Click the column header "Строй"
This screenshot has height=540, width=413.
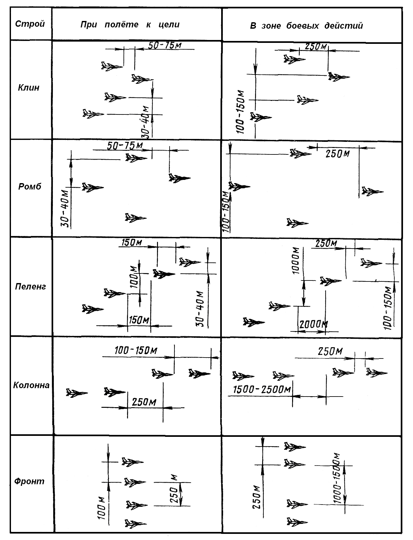pyautogui.click(x=30, y=24)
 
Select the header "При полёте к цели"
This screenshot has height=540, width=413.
pyautogui.click(x=130, y=25)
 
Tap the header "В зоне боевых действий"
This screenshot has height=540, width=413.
pyautogui.click(x=306, y=25)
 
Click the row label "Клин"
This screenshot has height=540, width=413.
pyautogui.click(x=29, y=88)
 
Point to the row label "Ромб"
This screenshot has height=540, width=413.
pyautogui.click(x=30, y=186)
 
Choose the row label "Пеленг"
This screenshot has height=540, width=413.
pyautogui.click(x=31, y=287)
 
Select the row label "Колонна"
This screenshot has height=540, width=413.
pyautogui.click(x=31, y=385)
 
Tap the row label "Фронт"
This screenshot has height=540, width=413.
pyautogui.click(x=29, y=481)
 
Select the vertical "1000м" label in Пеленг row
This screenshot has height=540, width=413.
pyautogui.click(x=296, y=260)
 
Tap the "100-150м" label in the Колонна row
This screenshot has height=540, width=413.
pyautogui.click(x=136, y=350)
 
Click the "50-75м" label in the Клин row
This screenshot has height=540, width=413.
pyautogui.click(x=165, y=45)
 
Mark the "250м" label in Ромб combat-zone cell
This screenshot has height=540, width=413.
pyautogui.click(x=338, y=154)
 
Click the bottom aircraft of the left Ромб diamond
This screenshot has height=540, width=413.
pyautogui.click(x=135, y=218)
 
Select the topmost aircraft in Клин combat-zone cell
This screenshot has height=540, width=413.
pyautogui.click(x=294, y=59)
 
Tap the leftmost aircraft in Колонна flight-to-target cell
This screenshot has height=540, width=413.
pyautogui.click(x=77, y=393)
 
